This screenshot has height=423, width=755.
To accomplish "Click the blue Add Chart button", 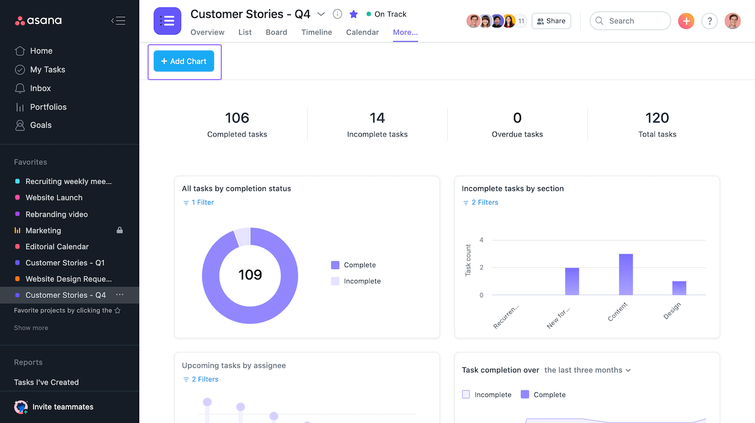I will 184,62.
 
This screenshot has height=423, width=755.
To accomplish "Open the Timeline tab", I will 317,33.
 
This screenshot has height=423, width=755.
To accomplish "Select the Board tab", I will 276,33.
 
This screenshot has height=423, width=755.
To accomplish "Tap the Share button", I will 551,21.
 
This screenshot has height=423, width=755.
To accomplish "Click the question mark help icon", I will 709,21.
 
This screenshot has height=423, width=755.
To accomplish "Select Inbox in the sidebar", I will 40,88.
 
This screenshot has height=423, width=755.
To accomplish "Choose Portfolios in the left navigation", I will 48,107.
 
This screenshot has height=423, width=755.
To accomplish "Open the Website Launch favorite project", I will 54,198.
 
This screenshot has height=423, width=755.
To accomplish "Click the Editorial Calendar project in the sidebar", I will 57,246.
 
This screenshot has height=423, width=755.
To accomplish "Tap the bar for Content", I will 625,274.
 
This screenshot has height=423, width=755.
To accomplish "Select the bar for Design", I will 679,288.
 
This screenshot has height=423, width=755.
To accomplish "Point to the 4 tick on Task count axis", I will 481,240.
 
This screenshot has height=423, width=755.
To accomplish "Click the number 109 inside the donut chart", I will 250,275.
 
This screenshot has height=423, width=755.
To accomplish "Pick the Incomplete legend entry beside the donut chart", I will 362,281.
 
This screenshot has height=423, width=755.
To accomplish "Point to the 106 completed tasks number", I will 237,118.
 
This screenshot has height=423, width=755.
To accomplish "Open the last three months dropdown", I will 587,370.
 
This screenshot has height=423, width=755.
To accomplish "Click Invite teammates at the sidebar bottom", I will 63,407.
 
